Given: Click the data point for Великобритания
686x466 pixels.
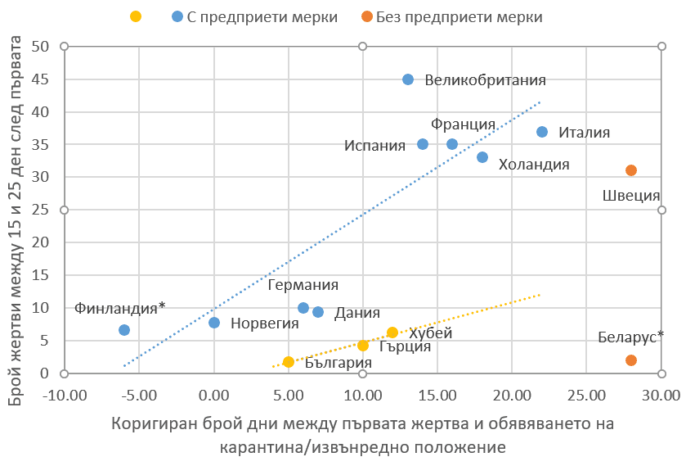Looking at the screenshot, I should pos(408,79).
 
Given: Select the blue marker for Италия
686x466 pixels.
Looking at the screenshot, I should pos(542,132).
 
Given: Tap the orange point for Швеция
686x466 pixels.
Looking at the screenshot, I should pos(631,170).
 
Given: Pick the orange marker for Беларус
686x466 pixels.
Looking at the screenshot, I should pos(631,360).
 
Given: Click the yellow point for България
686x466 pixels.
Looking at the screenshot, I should pos(289,362).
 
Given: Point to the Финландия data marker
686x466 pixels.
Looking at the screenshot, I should pos(124,330).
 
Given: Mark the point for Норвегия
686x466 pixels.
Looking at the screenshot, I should pos(214,323).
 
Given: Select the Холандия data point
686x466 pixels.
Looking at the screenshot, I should pos(482,157).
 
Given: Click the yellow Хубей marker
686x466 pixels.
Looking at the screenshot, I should pos(392,333).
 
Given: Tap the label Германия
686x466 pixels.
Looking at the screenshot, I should pos(303,286).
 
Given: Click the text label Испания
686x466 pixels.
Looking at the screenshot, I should pos(374,146).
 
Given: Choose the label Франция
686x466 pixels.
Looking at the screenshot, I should pos(464,124).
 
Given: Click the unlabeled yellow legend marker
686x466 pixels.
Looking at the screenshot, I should pos(136,16).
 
